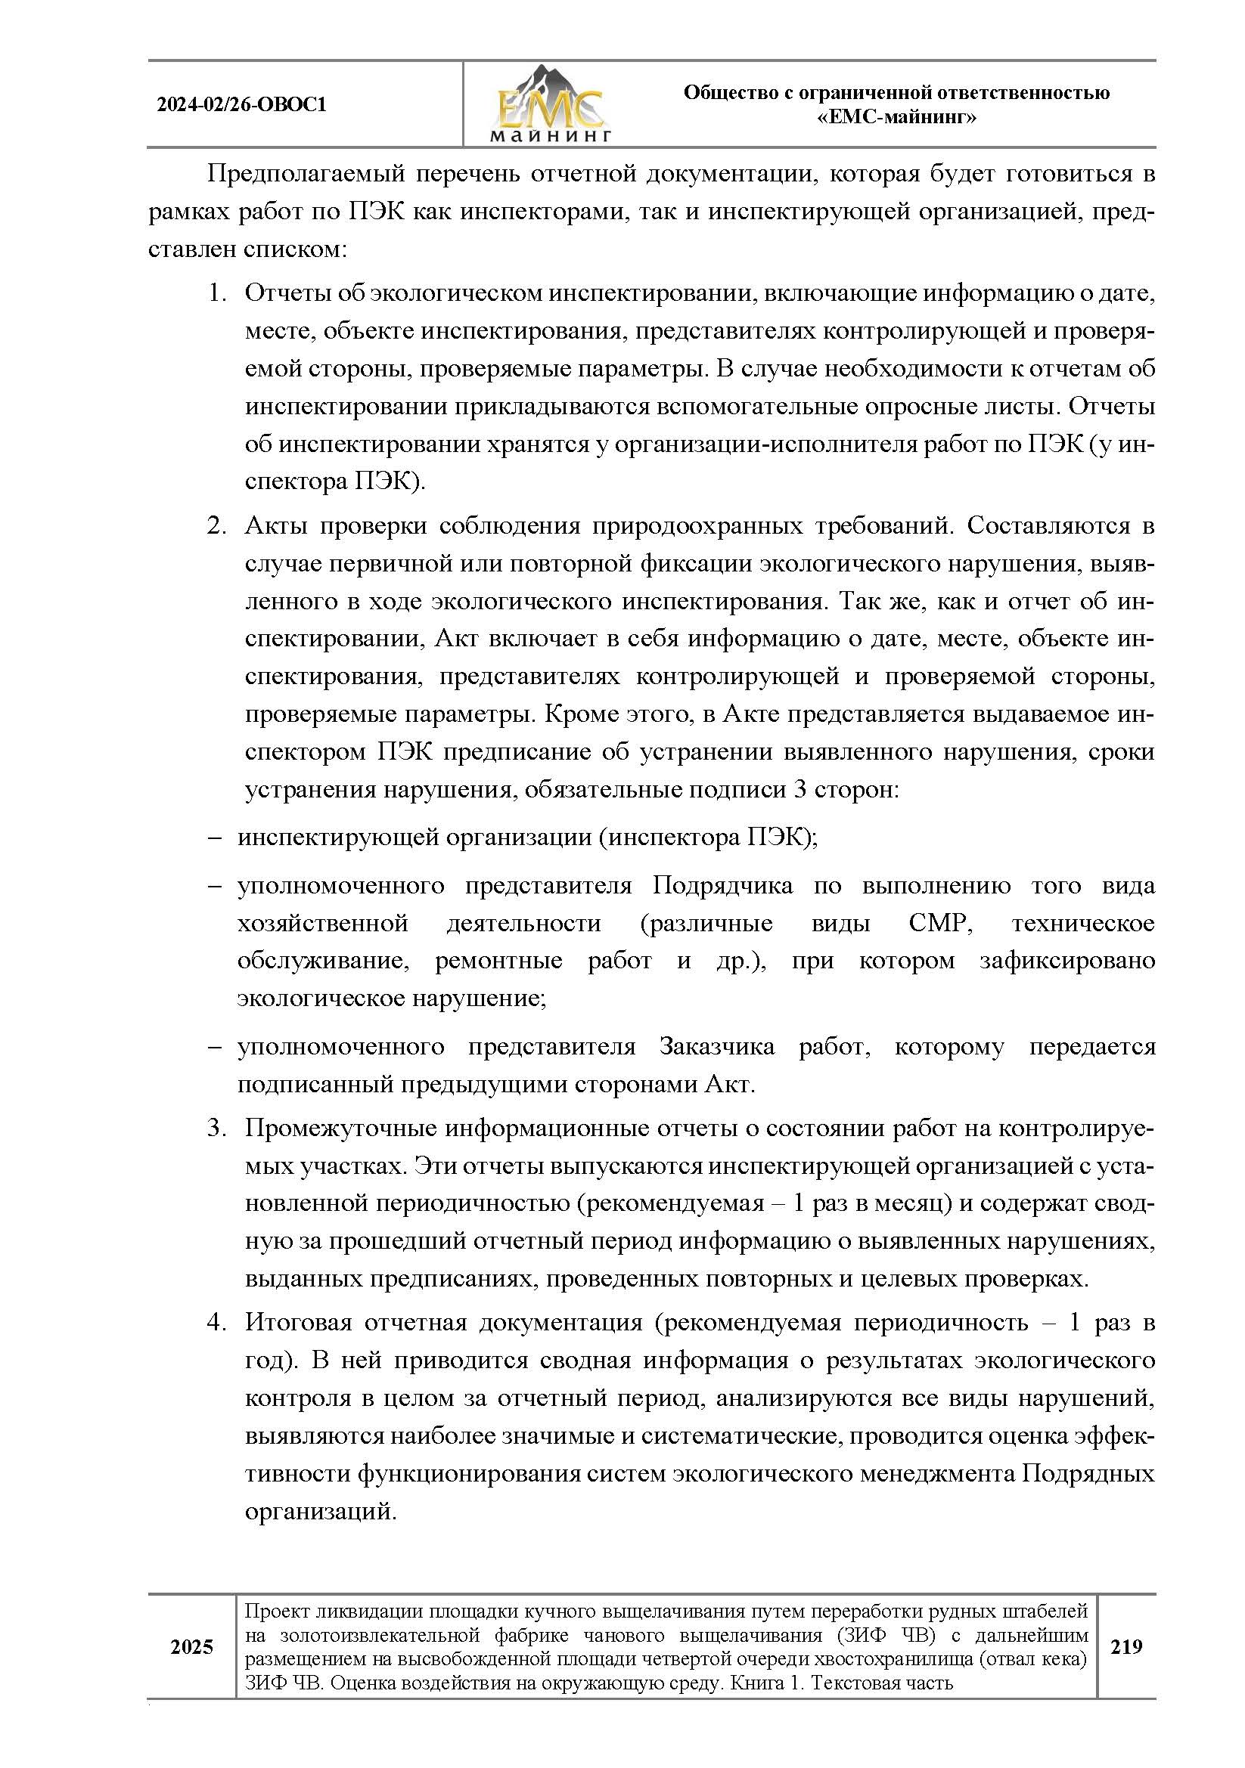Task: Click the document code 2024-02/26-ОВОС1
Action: pos(241,105)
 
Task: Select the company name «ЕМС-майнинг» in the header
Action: pos(896,118)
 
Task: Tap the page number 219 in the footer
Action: pos(1125,1647)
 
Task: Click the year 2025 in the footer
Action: pos(191,1647)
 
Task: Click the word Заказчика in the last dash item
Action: pos(716,1047)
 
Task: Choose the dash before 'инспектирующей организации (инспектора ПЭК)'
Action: pos(214,838)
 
